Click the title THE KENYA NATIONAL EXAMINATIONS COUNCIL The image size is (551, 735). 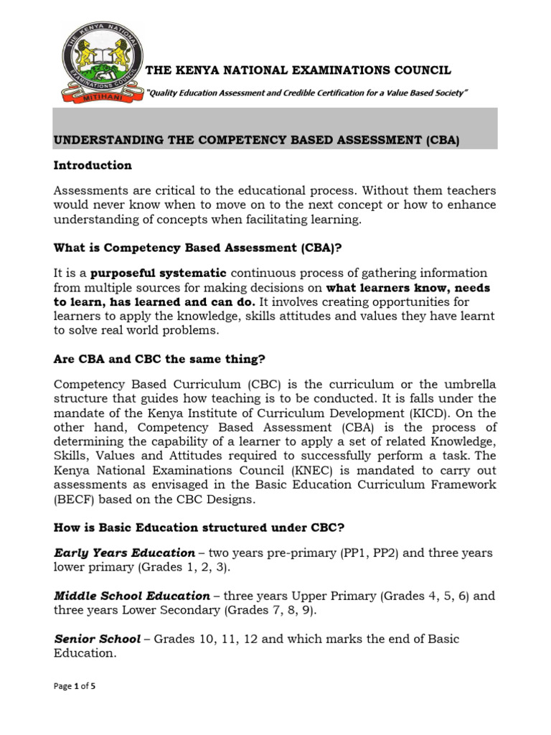point(298,70)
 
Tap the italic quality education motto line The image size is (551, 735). point(307,93)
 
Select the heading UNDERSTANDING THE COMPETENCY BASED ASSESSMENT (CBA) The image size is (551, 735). point(256,141)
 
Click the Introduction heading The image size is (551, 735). point(93,165)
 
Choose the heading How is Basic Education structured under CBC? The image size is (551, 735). point(199,528)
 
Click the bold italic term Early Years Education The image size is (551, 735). point(124,553)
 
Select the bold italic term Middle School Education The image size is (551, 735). point(132,596)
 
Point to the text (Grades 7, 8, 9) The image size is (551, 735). point(268,610)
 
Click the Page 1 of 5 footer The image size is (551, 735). point(75,686)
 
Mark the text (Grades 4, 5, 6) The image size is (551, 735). point(424,596)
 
